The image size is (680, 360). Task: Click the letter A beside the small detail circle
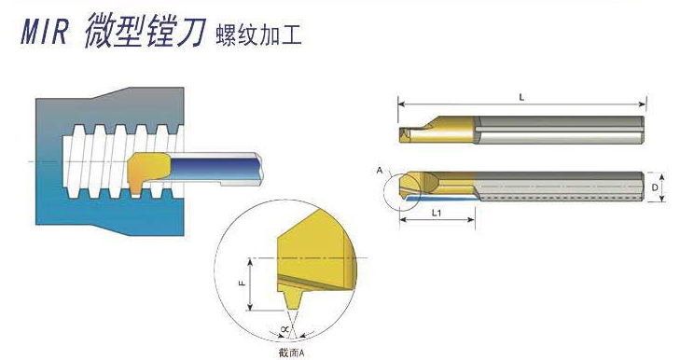click(379, 172)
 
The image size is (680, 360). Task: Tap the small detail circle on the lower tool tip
click(404, 190)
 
